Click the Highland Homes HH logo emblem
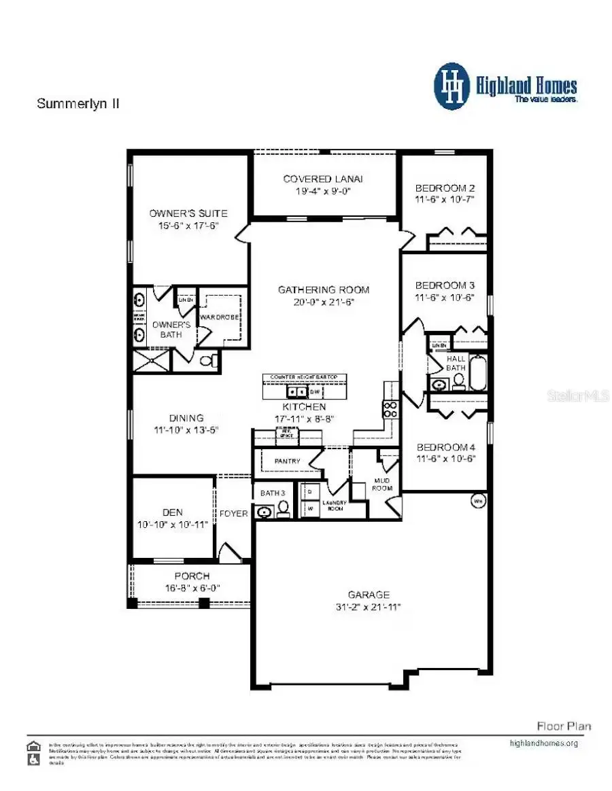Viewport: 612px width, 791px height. [x=452, y=86]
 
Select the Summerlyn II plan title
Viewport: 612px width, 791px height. [x=78, y=104]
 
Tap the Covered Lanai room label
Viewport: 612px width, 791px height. [x=323, y=179]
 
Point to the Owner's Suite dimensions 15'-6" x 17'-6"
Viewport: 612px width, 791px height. [x=188, y=226]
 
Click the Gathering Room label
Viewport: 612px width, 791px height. [x=323, y=289]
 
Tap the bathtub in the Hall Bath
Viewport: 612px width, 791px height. [x=478, y=374]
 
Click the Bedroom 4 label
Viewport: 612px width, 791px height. [x=445, y=446]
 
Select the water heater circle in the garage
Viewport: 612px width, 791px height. [x=477, y=502]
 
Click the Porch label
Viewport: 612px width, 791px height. [x=192, y=576]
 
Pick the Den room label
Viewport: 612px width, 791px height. [x=173, y=512]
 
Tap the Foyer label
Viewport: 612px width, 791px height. [x=233, y=513]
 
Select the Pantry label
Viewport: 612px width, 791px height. [x=288, y=461]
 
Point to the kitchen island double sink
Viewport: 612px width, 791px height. [x=296, y=392]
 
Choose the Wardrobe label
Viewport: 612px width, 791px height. [x=218, y=316]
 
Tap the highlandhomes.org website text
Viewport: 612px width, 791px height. [x=543, y=743]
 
